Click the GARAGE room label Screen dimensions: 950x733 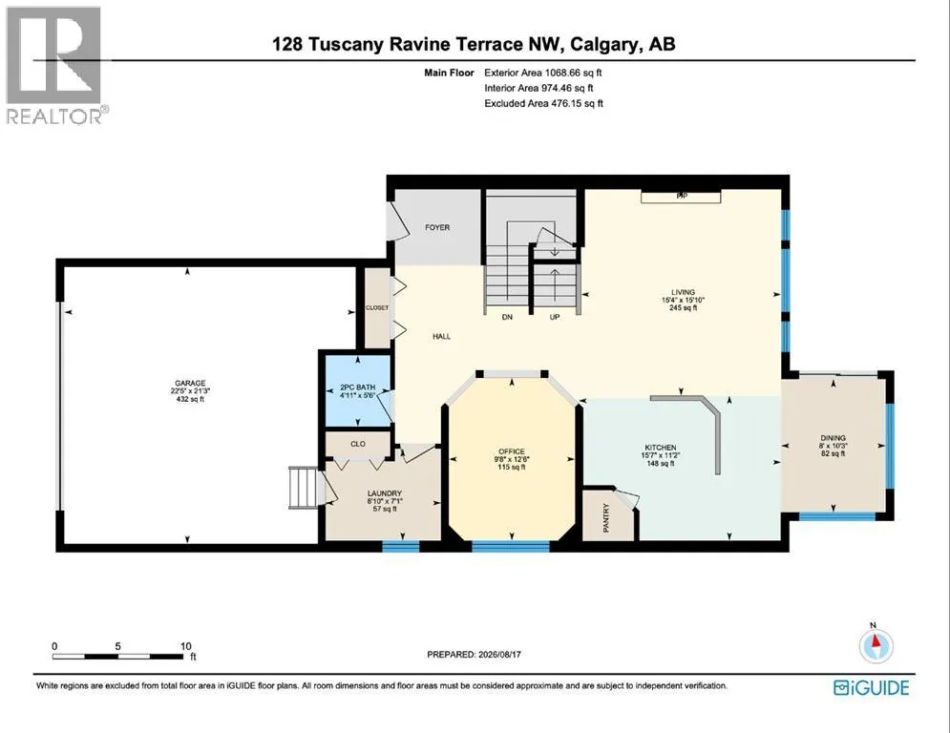click(x=190, y=384)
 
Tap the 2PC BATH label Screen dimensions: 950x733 click(x=357, y=387)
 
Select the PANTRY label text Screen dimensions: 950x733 click(x=606, y=518)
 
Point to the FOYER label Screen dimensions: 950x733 click(x=437, y=228)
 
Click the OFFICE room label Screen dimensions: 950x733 click(x=512, y=451)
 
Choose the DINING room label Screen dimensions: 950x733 click(x=834, y=438)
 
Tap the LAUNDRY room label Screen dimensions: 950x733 click(x=384, y=493)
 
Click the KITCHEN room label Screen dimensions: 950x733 click(x=661, y=448)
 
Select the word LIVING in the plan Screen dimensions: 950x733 click(x=683, y=292)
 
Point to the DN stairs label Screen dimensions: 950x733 click(x=507, y=318)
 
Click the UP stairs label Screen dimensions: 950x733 click(x=555, y=318)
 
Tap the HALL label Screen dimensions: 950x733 click(x=442, y=337)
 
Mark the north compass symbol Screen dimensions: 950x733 click(x=876, y=645)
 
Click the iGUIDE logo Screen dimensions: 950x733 click(x=872, y=687)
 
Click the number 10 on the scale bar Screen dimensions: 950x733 click(x=186, y=646)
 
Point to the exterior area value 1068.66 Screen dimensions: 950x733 click(x=563, y=73)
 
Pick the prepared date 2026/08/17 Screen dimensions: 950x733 click(x=500, y=654)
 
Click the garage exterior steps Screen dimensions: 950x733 click(x=303, y=487)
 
